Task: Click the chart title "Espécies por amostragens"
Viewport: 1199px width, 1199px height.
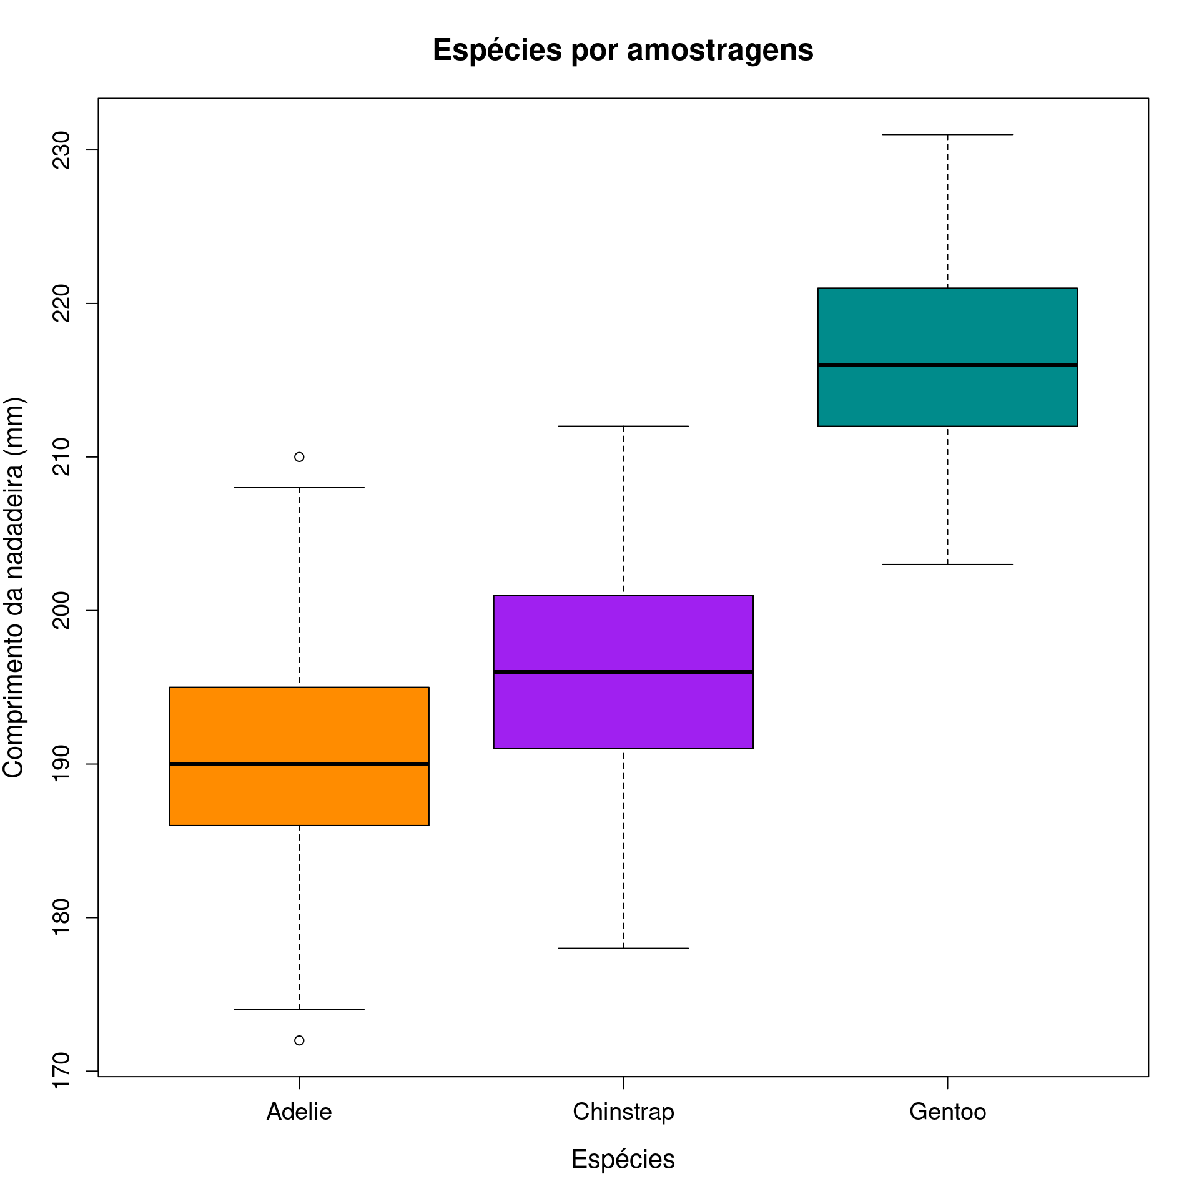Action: coord(623,50)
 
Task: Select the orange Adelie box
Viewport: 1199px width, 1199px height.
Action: coord(299,724)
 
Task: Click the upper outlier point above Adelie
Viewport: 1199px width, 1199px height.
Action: coord(299,457)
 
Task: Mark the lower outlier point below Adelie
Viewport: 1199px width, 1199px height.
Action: coord(299,1040)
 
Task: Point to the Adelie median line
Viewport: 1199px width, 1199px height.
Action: coord(299,764)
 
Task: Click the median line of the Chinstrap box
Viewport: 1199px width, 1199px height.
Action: coord(623,672)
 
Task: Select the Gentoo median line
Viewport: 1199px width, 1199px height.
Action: coord(947,365)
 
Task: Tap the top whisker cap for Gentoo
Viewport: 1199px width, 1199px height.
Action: coord(947,134)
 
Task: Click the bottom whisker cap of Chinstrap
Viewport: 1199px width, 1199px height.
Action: coord(623,948)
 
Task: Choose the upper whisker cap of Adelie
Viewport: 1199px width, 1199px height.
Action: coord(299,488)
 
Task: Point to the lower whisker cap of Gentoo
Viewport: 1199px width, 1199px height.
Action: coord(947,565)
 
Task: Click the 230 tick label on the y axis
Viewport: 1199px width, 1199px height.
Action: coord(61,150)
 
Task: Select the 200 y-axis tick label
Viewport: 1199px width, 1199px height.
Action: coord(61,610)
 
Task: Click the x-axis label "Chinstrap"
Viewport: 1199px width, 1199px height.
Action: coord(623,1112)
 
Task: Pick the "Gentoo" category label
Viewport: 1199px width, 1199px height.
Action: coord(947,1112)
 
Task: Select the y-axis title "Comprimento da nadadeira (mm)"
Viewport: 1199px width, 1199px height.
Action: coord(14,587)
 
